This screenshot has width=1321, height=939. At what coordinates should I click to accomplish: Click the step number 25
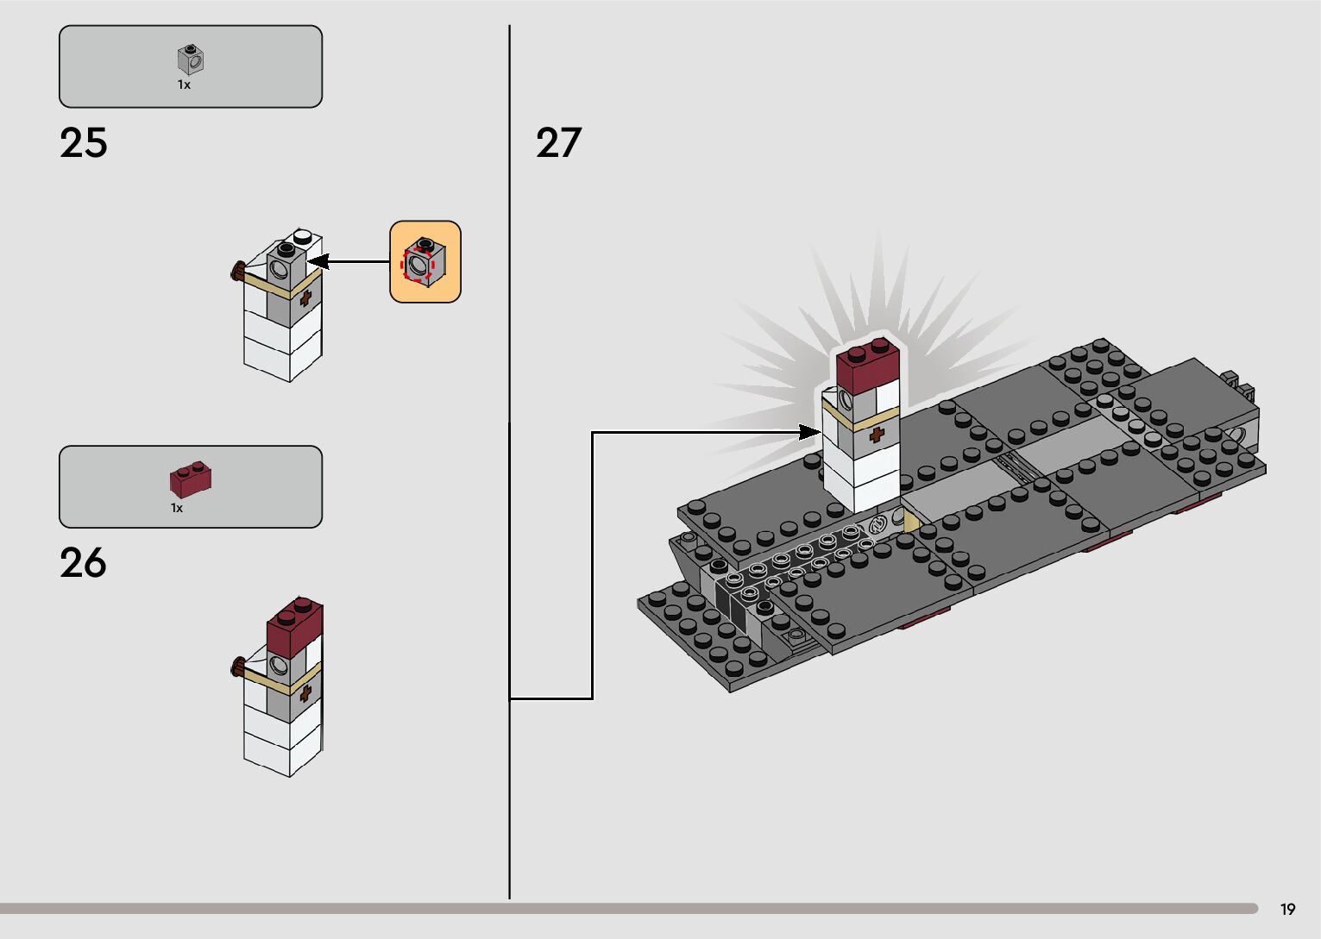pos(84,143)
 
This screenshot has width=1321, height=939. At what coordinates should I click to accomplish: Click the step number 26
pos(83,563)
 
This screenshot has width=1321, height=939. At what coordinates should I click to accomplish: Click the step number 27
pos(558,143)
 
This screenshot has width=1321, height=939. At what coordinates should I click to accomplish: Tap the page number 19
pos(1287,910)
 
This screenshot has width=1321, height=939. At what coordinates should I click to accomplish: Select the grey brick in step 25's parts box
pos(191,59)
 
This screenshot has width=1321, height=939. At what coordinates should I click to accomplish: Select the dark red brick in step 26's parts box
pos(191,479)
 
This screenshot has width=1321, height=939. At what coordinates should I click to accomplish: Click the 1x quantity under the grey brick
pos(184,85)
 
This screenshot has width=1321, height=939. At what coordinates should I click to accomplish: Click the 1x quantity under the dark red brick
pos(177,508)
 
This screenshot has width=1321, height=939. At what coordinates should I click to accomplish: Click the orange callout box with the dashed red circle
pos(425,261)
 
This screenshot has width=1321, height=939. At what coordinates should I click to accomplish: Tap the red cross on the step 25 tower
pos(305,300)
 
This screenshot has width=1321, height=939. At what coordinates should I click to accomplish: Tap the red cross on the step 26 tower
pos(305,692)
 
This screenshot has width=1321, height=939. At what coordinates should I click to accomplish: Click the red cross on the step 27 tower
pos(876,435)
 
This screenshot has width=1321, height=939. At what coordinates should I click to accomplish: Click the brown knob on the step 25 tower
pos(235,273)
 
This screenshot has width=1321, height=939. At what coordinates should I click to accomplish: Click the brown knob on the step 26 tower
pos(235,666)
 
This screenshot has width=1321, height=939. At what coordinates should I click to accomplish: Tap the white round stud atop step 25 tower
pos(303,235)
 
